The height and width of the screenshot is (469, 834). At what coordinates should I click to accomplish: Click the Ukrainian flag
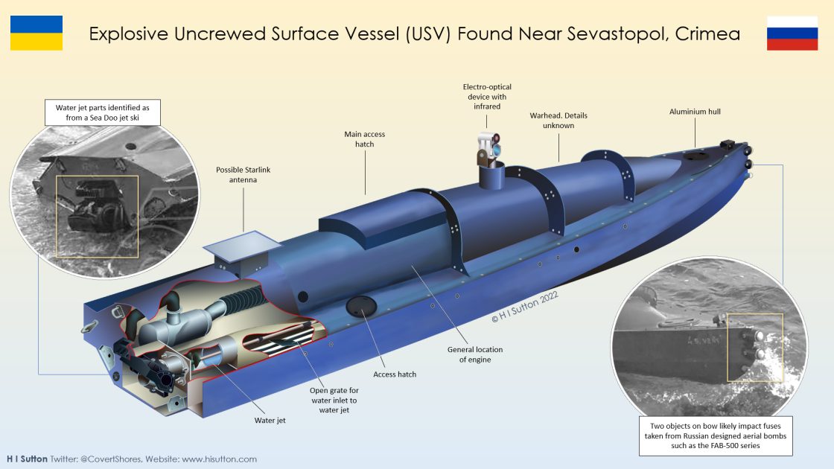point(36,33)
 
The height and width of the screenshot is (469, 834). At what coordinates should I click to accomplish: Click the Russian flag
point(792,33)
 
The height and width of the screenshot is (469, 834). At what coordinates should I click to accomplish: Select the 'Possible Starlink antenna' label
point(243,175)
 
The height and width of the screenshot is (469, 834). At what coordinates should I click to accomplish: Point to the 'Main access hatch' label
point(364,139)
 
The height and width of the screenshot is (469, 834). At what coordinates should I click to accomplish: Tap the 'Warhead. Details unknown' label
point(552,121)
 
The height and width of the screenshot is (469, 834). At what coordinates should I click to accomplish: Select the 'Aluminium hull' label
point(695,112)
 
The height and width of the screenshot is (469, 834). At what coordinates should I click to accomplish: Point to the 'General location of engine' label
point(475,354)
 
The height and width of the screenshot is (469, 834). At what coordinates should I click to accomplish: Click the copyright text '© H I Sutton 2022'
point(523,307)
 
